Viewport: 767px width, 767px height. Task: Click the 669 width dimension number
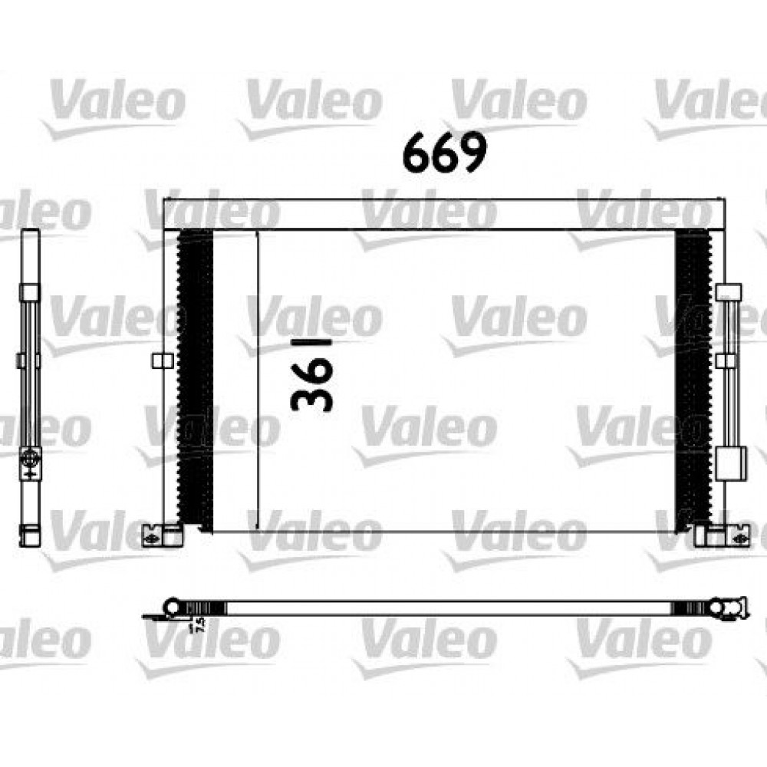(x=445, y=152)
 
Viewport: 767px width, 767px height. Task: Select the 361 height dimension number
(x=312, y=374)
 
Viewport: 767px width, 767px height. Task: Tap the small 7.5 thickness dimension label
(x=199, y=626)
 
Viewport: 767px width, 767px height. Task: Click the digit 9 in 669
(x=473, y=152)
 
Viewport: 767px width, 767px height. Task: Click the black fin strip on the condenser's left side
(x=195, y=380)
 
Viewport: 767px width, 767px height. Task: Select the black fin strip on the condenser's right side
(x=693, y=380)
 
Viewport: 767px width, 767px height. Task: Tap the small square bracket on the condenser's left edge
(x=163, y=361)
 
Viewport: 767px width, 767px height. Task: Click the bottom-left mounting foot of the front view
(x=162, y=536)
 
